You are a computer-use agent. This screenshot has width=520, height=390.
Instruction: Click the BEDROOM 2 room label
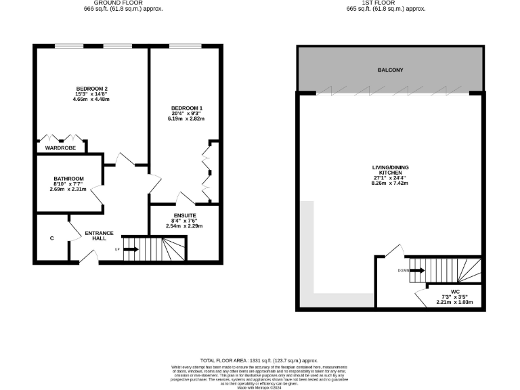point(91,89)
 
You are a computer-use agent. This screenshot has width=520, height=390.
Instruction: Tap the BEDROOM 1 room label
point(186,108)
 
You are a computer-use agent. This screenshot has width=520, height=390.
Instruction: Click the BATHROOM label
point(69,178)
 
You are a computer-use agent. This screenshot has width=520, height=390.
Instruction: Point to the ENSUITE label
point(184,215)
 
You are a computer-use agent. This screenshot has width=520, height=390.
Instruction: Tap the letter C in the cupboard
point(52,238)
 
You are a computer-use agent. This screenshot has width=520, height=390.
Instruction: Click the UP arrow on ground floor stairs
point(131,249)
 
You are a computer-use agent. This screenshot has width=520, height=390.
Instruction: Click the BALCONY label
point(390,70)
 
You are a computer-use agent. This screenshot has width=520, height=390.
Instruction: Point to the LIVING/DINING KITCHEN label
point(390,170)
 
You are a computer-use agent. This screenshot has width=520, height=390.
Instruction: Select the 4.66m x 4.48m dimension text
point(91,100)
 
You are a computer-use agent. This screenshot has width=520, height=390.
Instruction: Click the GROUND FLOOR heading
point(123,3)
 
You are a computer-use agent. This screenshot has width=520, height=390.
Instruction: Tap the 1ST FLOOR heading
point(385,3)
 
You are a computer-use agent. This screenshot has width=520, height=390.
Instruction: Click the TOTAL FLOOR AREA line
point(260,361)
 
